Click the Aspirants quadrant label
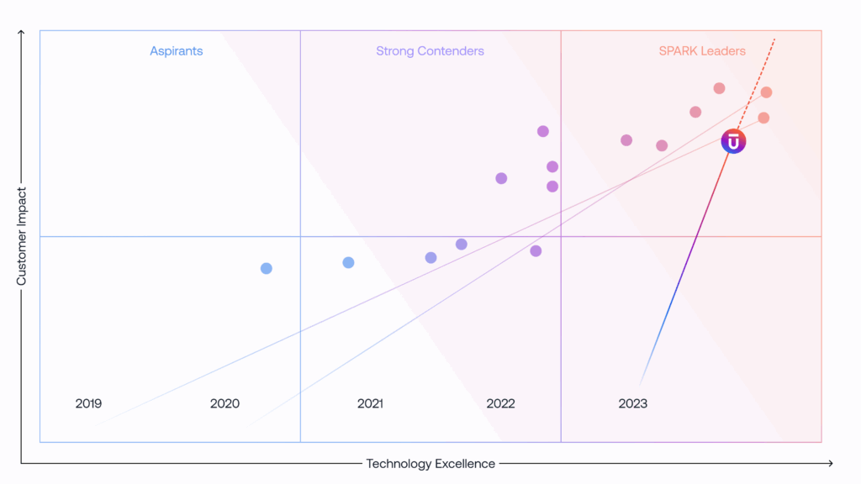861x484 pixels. [x=177, y=51]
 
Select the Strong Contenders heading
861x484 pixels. [x=430, y=51]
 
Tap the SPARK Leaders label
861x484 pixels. [x=702, y=51]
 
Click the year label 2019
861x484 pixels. [x=88, y=403]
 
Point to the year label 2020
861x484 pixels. [x=224, y=403]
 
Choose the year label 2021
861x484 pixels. [x=370, y=403]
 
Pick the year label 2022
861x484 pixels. [x=500, y=403]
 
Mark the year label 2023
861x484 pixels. [x=632, y=403]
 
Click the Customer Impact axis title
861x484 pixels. [x=22, y=235]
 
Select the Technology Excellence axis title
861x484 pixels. [x=430, y=464]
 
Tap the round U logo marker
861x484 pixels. [x=733, y=142]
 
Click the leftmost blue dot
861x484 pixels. [x=267, y=269]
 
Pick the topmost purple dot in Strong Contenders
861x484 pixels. [x=543, y=131]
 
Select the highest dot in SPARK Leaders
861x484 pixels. [x=719, y=88]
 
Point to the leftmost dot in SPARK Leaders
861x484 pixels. [x=626, y=140]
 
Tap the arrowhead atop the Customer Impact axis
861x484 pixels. [x=22, y=34]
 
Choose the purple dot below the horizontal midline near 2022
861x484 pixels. [x=536, y=251]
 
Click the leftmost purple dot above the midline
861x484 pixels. [x=501, y=178]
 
